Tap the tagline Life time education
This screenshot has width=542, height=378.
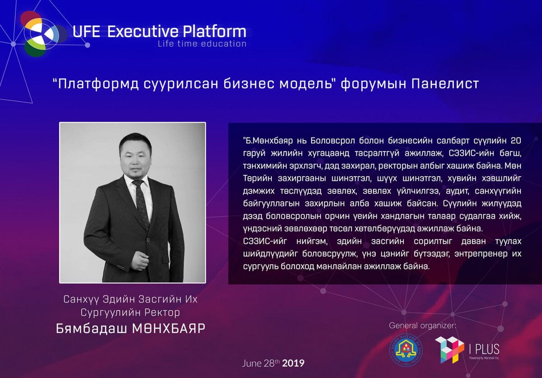[x=202, y=44]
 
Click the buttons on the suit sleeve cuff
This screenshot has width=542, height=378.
[x=121, y=268]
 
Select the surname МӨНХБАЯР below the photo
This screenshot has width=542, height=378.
[x=168, y=329]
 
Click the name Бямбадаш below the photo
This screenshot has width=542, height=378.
[x=91, y=329]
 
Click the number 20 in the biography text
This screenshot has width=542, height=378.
[x=516, y=141]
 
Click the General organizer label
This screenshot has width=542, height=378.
[x=422, y=326]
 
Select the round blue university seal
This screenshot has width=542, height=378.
[x=406, y=350]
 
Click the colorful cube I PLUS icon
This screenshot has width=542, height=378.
[x=449, y=350]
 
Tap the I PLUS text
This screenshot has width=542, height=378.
[x=484, y=349]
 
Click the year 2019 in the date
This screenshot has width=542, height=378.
[x=293, y=363]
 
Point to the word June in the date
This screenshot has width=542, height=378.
[x=252, y=363]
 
